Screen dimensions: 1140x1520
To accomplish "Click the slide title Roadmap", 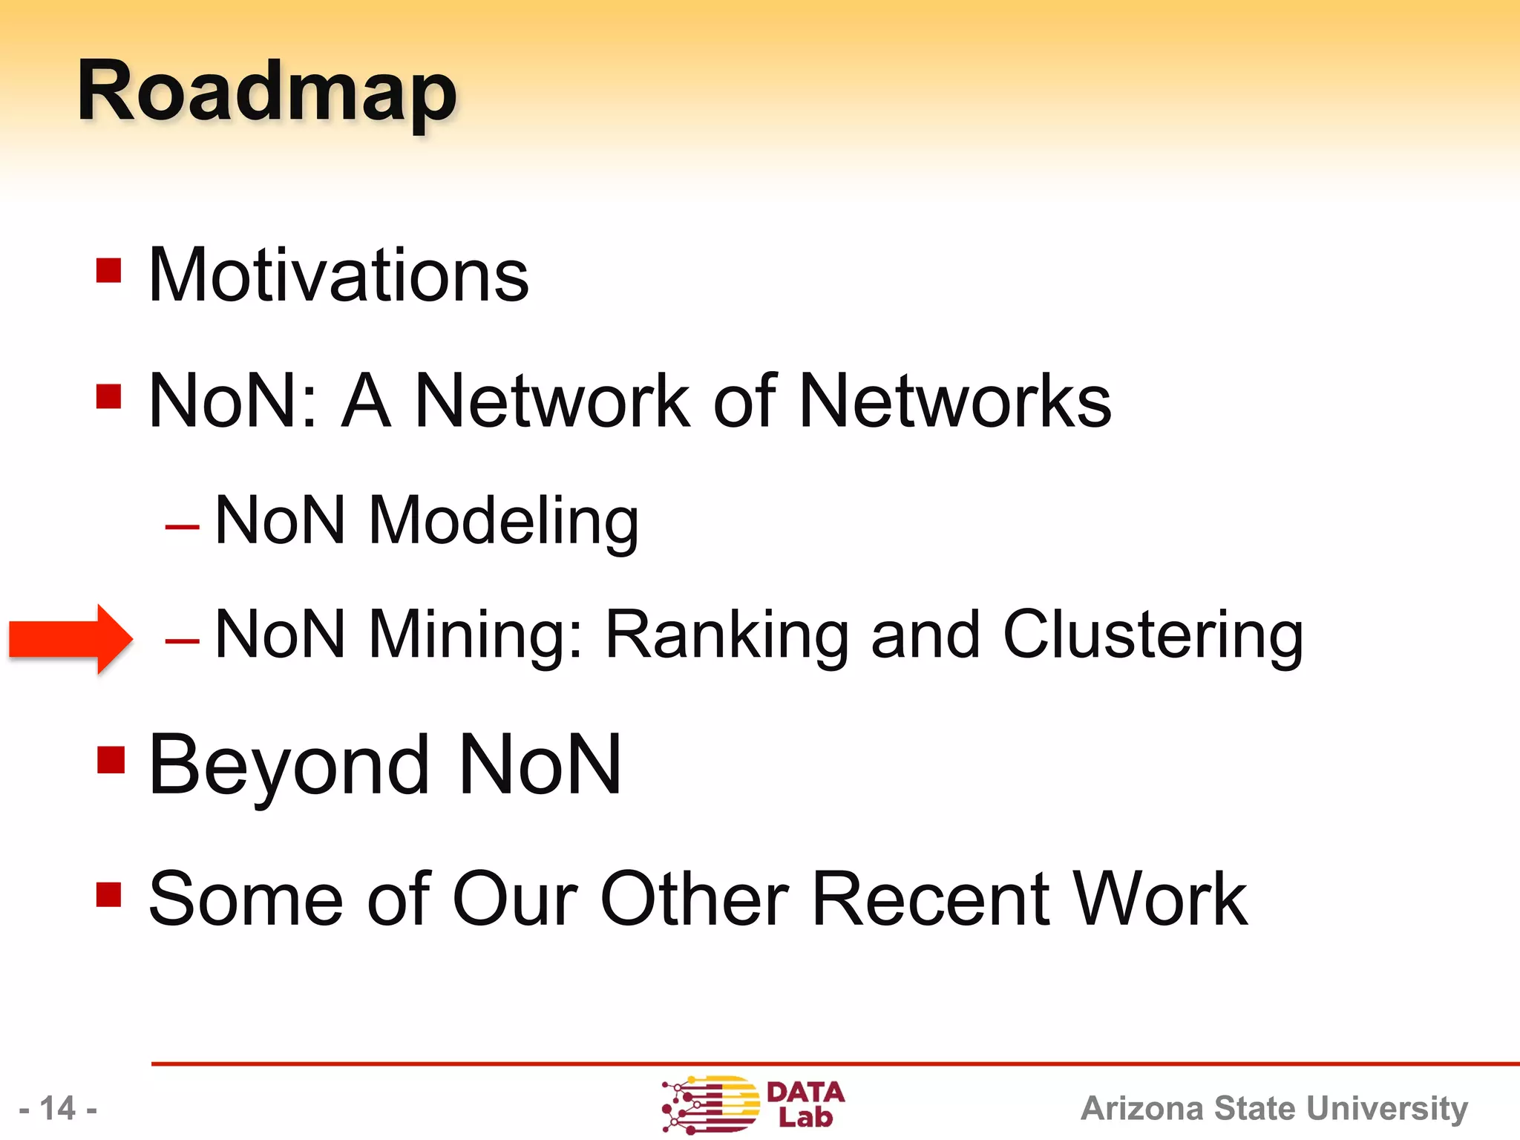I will click(267, 93).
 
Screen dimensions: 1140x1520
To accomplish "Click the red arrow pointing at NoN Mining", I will click(71, 639).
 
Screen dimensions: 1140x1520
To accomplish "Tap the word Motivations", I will click(338, 275).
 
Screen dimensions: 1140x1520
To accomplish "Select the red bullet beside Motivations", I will click(109, 270).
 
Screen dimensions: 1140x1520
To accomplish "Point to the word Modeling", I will click(503, 522).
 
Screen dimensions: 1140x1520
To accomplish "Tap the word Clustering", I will click(1153, 636).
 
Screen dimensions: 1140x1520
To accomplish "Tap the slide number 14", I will click(58, 1109).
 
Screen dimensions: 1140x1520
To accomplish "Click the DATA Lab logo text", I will click(805, 1104).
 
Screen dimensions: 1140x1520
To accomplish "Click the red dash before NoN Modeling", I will click(183, 528).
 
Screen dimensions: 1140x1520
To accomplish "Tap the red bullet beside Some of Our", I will click(109, 894).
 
